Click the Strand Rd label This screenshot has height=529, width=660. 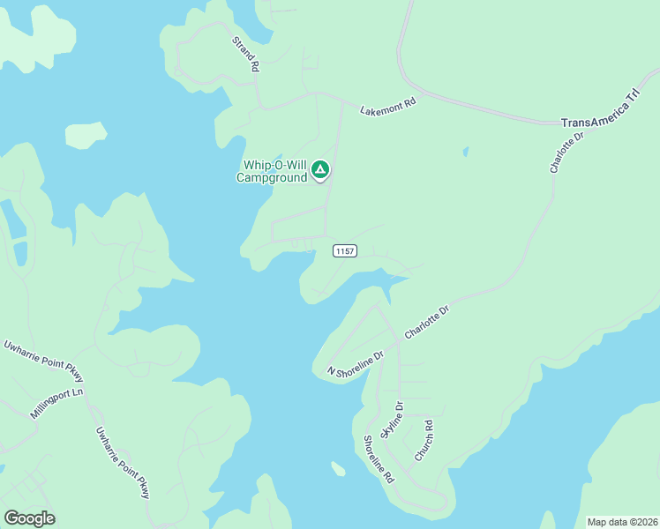[x=246, y=54]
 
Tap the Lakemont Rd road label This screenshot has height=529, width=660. [x=387, y=106]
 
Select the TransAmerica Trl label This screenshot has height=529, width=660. [x=600, y=114]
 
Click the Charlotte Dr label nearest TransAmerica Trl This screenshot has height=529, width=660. [x=566, y=152]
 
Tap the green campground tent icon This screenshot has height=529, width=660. [x=320, y=169]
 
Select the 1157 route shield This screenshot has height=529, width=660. [x=345, y=251]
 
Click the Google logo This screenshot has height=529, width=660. [x=29, y=518]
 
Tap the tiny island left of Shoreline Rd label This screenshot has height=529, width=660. [x=338, y=468]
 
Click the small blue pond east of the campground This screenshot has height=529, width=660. [x=465, y=152]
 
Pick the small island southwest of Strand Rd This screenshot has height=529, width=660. [x=86, y=135]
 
